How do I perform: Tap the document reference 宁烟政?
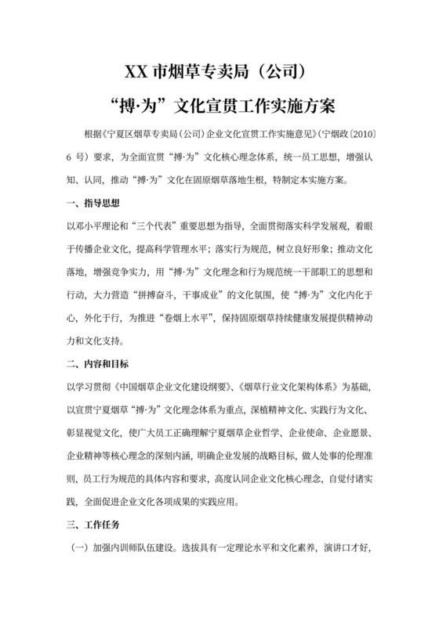tap(328, 135)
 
